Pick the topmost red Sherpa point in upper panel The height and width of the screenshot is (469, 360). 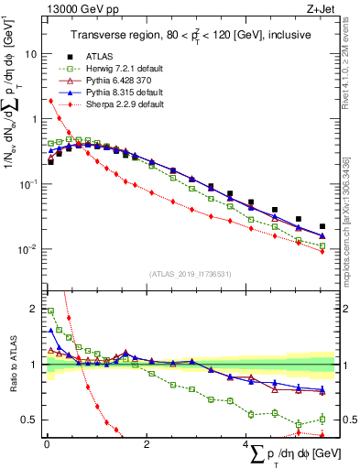coord(49,101)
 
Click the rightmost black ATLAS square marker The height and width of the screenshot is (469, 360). coord(322,226)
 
